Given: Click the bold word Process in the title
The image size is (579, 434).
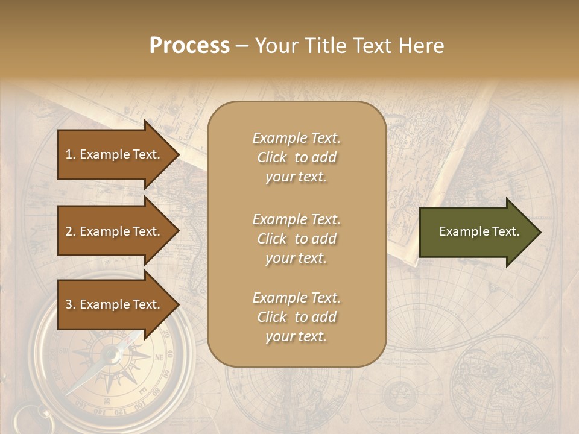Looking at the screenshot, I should click(x=189, y=46).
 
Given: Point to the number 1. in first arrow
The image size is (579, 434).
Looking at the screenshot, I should click(x=71, y=154).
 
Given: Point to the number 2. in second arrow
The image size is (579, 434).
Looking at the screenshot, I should click(x=71, y=231).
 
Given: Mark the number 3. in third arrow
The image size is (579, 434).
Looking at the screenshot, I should click(x=71, y=304).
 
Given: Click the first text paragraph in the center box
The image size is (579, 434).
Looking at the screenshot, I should click(x=296, y=157).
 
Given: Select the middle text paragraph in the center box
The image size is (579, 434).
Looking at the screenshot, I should click(x=296, y=239).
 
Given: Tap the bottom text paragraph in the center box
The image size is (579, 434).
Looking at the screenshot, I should click(x=296, y=317).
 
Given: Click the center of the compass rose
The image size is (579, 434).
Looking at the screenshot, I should click(x=111, y=356).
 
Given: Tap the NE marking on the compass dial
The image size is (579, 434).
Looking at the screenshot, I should click(x=159, y=357).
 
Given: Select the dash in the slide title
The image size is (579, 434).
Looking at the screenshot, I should click(x=242, y=46).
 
